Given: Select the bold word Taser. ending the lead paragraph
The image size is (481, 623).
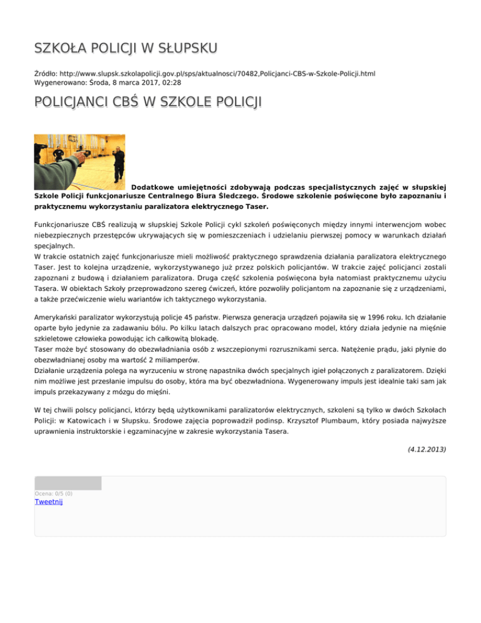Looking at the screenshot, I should pyautogui.click(x=254, y=206).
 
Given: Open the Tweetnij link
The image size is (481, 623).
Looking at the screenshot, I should pyautogui.click(x=49, y=502).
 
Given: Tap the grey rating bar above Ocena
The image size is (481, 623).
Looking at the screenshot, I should pyautogui.click(x=68, y=483).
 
